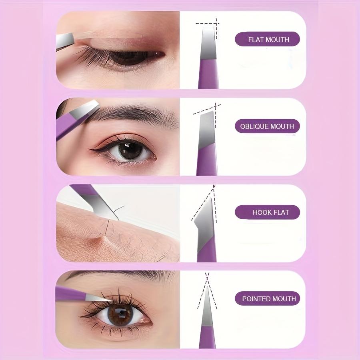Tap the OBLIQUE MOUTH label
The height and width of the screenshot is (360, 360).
click(x=267, y=126)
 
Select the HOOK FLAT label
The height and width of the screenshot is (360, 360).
click(x=267, y=212)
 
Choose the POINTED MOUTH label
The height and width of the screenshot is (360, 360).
click(x=267, y=299)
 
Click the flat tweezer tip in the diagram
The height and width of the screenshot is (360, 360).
click(x=208, y=42)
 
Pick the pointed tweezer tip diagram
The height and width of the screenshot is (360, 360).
click(x=207, y=304)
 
